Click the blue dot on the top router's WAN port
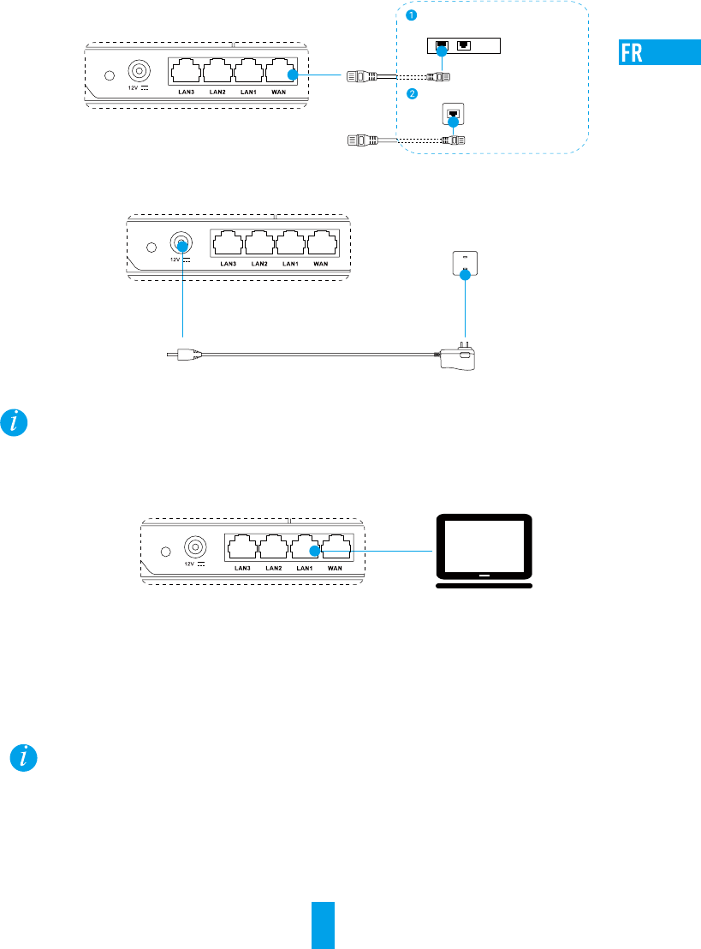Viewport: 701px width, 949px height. [293, 75]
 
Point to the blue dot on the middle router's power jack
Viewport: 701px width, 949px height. [181, 243]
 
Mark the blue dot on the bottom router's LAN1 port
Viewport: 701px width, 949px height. [314, 551]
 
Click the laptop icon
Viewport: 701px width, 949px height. [484, 551]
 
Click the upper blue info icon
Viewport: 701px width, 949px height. [14, 423]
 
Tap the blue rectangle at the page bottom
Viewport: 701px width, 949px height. [323, 924]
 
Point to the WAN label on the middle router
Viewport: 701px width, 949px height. [321, 264]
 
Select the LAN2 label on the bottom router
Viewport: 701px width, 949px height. [274, 569]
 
